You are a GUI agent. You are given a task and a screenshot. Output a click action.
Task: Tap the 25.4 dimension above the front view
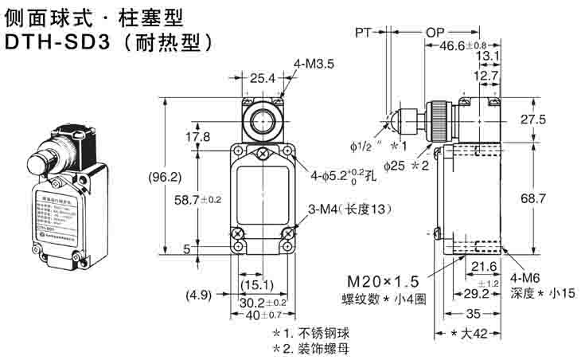[x=262, y=78]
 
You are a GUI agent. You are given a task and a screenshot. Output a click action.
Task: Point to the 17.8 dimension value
[x=198, y=137]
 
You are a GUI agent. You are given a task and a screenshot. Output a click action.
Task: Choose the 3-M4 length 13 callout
[x=351, y=209]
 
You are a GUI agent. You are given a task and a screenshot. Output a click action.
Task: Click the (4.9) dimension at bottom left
[x=200, y=295]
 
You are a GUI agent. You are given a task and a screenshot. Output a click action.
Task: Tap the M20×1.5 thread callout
[x=380, y=281]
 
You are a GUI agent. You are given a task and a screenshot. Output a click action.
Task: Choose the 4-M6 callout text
[x=528, y=279]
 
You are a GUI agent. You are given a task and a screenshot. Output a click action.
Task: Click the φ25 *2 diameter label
[x=406, y=166]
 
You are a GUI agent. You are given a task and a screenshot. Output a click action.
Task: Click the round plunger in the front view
[x=262, y=123]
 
